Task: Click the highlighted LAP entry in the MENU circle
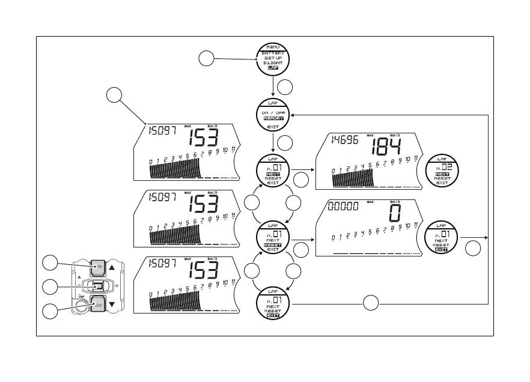273,68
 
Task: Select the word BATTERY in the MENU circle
273,53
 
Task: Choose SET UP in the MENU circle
273,58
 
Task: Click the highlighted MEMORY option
273,119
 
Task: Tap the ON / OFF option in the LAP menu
273,112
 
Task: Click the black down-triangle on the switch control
112,305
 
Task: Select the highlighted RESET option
273,245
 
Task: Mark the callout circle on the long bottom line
371,303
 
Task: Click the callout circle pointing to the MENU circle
206,58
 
